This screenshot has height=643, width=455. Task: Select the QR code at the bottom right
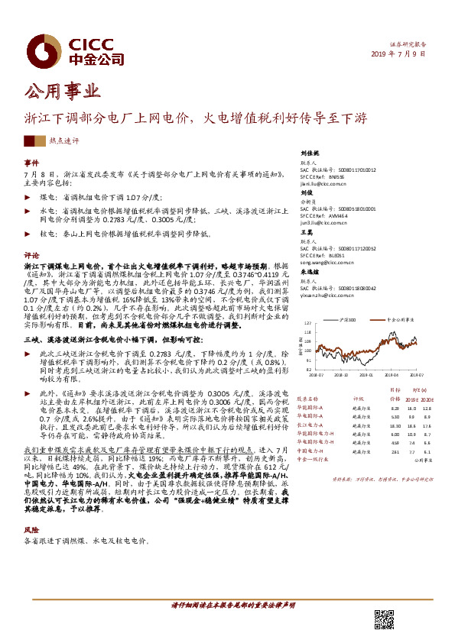click(x=385, y=620)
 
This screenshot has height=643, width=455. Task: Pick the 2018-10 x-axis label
click(x=341, y=374)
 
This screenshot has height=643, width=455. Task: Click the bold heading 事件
click(x=31, y=163)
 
